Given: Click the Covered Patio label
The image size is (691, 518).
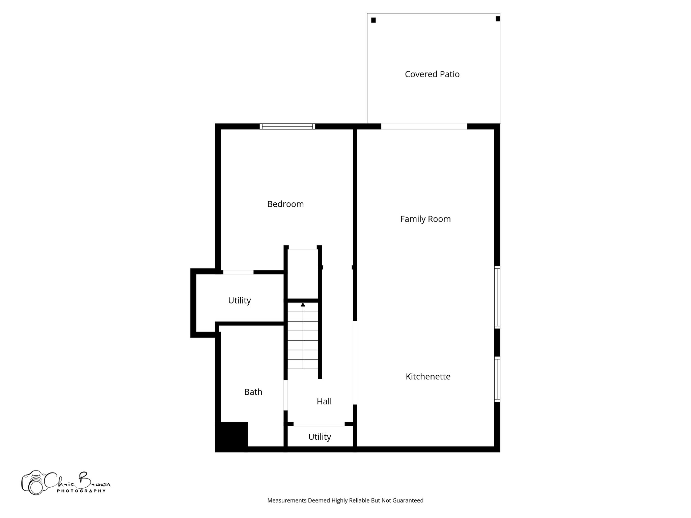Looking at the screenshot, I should tap(432, 74).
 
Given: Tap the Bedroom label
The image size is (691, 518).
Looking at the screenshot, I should tap(285, 204).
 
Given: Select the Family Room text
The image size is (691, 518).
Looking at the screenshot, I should tap(425, 219).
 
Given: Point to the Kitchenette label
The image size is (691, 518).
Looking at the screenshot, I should tap(428, 376).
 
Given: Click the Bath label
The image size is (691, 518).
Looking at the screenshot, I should tap(253, 392).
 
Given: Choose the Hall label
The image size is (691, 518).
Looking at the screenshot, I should tap(324, 401).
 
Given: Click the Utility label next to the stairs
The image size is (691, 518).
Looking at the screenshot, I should tap(239, 300).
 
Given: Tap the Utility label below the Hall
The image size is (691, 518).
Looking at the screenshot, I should tap(320, 437).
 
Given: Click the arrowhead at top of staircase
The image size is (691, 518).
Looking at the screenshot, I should tap(303, 305).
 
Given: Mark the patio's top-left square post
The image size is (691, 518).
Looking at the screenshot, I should tap(374, 20).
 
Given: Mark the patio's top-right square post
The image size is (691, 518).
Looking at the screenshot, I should tap(498, 19).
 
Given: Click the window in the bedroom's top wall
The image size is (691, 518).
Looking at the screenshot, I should tap(287, 126).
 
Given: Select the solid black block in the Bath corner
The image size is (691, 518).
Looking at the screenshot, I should tap(232, 436).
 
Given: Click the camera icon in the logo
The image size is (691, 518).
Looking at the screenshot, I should tap(33, 483).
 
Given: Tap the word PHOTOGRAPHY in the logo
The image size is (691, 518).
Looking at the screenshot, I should tap(81, 491).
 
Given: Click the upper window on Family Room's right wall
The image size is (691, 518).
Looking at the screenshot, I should tap(497, 297).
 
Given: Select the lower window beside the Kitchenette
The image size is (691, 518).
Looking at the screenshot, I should tap(497, 379).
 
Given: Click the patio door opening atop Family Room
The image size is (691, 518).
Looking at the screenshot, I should tap(424, 126).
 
